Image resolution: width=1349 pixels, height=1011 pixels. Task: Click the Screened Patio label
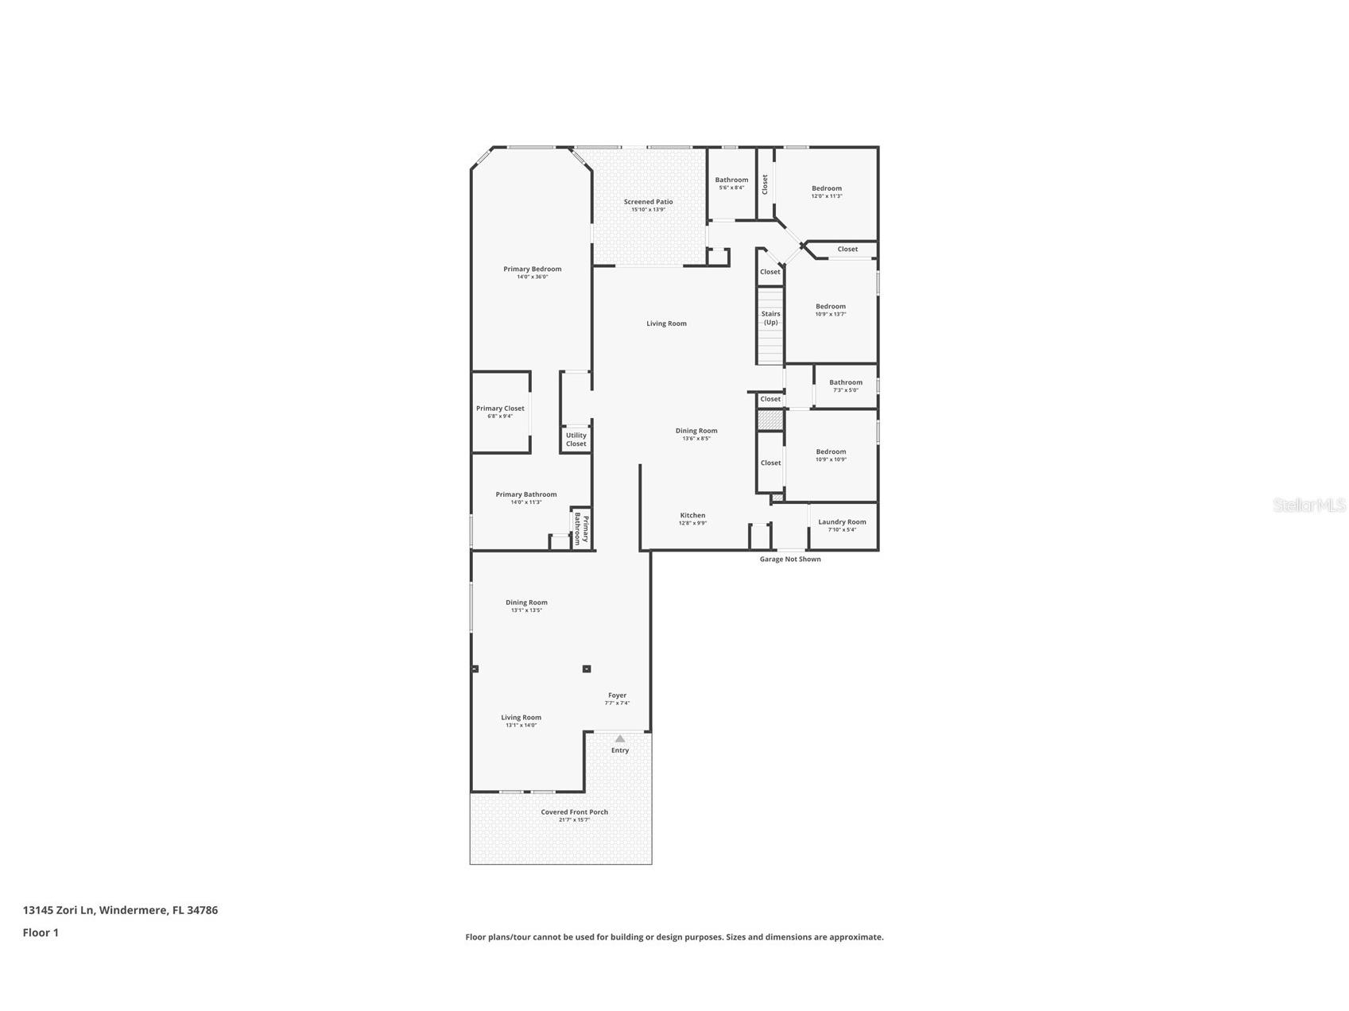648,202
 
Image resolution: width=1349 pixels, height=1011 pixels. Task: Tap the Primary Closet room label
500,409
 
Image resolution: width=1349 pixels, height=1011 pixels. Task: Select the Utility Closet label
576,439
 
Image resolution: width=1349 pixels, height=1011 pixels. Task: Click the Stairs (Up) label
770,318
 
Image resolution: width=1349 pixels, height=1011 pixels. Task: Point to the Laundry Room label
842,522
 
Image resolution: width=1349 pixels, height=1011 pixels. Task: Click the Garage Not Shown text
790,560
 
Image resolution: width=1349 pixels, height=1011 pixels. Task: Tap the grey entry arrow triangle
620,738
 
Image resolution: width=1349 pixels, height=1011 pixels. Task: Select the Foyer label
617,695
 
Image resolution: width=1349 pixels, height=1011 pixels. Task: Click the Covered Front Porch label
574,812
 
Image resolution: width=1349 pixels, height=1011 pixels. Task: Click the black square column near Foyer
587,669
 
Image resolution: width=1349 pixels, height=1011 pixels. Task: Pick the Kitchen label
692,516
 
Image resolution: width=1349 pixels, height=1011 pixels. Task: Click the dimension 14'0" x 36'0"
532,277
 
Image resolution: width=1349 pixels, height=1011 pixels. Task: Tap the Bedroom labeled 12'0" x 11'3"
827,189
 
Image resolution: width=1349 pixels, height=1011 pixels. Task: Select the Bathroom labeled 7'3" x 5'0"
846,382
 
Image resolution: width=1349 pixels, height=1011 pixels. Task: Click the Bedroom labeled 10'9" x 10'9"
831,452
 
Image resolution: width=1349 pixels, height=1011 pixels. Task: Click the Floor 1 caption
41,933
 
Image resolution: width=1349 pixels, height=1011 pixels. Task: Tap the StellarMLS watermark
1309,505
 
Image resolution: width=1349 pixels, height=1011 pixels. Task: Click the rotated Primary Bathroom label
581,529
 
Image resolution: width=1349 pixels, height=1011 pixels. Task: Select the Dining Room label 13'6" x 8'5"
696,431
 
